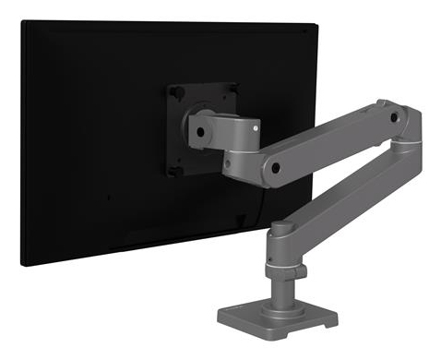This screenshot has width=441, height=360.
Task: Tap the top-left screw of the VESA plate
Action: (x=172, y=90)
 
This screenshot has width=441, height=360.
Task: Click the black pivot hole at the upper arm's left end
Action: (x=276, y=170)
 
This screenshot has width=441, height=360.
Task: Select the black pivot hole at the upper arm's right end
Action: (x=394, y=119)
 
